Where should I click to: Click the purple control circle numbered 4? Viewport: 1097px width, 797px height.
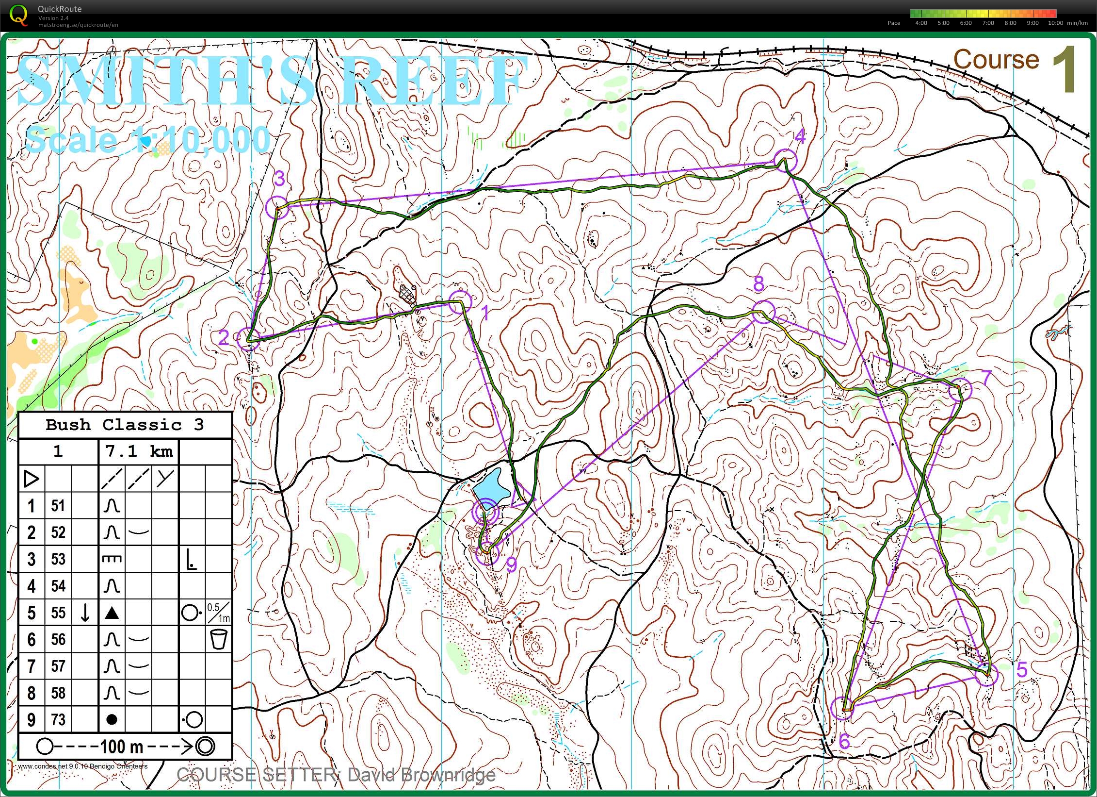(x=785, y=161)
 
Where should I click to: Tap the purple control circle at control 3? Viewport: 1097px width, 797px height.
(x=277, y=207)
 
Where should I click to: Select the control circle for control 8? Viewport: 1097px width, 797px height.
(x=763, y=312)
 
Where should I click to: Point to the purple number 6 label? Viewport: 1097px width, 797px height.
(x=844, y=741)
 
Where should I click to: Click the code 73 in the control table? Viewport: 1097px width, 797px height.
(x=58, y=719)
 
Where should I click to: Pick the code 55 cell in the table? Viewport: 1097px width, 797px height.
(x=58, y=613)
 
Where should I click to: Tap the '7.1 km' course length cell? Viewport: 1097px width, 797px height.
(x=139, y=451)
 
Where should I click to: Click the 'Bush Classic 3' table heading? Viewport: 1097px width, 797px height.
(x=125, y=425)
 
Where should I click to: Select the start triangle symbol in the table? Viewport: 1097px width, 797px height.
(x=32, y=479)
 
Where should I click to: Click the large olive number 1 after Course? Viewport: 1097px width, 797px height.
(x=1065, y=69)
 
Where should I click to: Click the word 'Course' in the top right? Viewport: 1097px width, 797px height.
(x=996, y=60)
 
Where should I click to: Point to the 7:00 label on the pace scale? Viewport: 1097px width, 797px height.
(x=988, y=23)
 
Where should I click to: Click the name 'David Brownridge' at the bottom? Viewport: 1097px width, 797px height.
(x=421, y=775)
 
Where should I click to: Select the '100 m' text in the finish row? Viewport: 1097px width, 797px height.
(x=122, y=746)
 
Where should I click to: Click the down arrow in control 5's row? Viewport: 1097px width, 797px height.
(x=85, y=613)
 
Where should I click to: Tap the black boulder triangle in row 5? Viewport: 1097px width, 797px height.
(x=112, y=613)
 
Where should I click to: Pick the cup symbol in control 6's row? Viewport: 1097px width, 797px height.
(x=219, y=639)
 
